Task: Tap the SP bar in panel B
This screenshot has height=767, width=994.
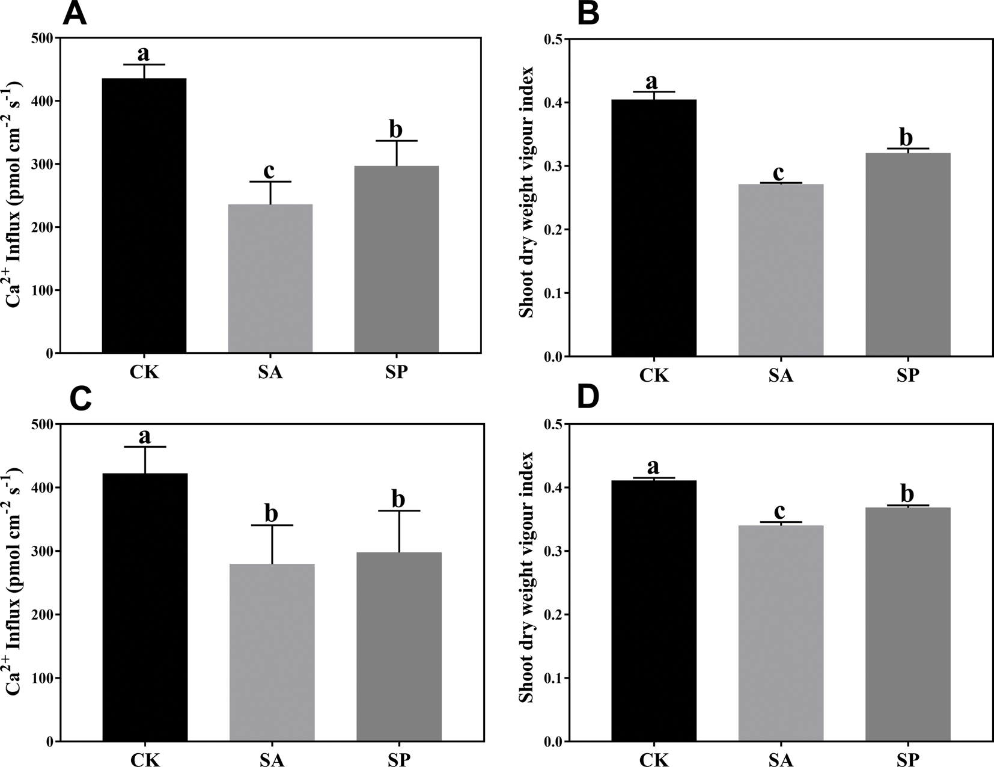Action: pyautogui.click(x=907, y=255)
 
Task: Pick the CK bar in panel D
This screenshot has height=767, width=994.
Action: pyautogui.click(x=654, y=611)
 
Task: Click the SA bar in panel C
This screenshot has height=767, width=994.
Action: pyautogui.click(x=272, y=652)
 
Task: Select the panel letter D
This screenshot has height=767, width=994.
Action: pyautogui.click(x=589, y=399)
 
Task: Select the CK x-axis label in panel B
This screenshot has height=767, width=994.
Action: pyautogui.click(x=654, y=376)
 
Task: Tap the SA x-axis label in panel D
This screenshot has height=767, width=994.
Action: pyautogui.click(x=781, y=760)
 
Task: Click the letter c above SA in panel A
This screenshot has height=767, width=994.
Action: pyautogui.click(x=269, y=171)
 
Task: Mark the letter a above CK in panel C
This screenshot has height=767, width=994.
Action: pyautogui.click(x=144, y=436)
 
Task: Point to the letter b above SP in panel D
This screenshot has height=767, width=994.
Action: pyautogui.click(x=907, y=494)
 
